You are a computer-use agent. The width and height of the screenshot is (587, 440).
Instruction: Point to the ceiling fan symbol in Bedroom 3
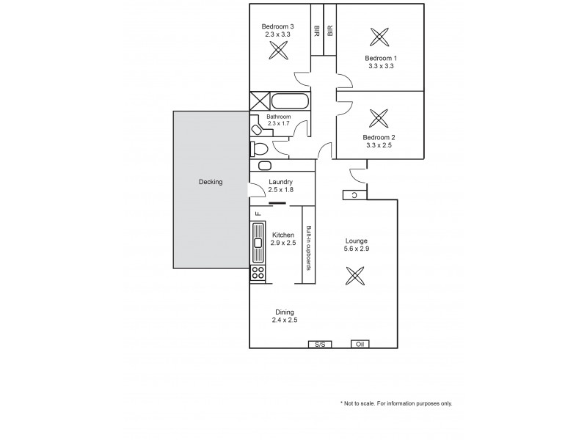click(x=278, y=51)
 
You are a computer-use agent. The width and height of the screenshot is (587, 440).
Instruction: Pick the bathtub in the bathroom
click(x=289, y=101)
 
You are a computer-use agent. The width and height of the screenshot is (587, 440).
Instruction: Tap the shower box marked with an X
click(x=260, y=101)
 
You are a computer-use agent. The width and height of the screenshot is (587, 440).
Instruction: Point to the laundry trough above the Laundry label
click(x=266, y=166)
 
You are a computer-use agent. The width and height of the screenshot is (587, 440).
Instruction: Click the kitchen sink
click(x=258, y=242)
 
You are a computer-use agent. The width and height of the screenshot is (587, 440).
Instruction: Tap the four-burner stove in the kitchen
click(x=258, y=273)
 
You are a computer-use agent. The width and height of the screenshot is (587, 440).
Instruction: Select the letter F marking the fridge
click(x=258, y=213)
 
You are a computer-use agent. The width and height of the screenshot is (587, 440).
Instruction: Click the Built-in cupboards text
click(x=310, y=248)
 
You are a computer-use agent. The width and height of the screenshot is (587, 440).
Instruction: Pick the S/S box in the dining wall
click(x=319, y=344)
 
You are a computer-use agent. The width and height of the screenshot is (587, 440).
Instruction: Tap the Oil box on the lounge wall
click(x=360, y=344)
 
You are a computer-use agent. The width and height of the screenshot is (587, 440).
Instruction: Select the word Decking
click(x=210, y=182)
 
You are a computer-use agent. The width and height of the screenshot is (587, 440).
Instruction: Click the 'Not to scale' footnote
click(x=396, y=403)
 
